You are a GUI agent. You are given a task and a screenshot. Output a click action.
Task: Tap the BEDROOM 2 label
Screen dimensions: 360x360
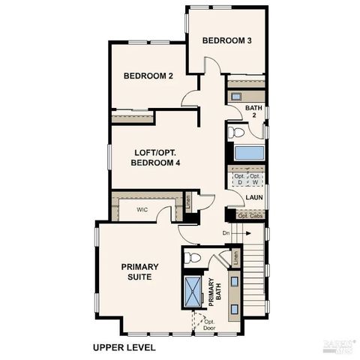pos(148,76)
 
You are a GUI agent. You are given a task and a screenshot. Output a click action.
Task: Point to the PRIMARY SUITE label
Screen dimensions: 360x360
pos(136,271)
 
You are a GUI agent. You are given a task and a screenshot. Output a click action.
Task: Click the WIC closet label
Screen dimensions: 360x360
pos(142,210)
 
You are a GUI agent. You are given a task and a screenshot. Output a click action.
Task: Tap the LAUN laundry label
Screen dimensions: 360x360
pos(254,198)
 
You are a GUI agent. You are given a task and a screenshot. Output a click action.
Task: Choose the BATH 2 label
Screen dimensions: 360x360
pos(254,112)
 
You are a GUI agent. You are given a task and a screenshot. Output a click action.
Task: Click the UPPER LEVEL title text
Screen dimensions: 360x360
pos(124,347)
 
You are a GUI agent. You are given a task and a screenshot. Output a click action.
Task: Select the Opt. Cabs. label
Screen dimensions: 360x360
pos(250,216)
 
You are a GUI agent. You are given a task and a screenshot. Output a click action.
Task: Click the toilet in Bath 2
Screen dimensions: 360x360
pos(236,133)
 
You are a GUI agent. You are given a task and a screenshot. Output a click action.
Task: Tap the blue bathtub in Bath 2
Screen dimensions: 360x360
pos(249,153)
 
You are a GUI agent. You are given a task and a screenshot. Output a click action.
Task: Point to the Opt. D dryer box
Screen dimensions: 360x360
pos(240,179)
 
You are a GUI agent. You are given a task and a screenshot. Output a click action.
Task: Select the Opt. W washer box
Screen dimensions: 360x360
pos(255,179)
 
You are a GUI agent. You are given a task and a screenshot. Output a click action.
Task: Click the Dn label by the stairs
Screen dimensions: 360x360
pos(226,233)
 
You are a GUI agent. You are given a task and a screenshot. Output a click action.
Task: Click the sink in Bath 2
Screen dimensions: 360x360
pos(235,97)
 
